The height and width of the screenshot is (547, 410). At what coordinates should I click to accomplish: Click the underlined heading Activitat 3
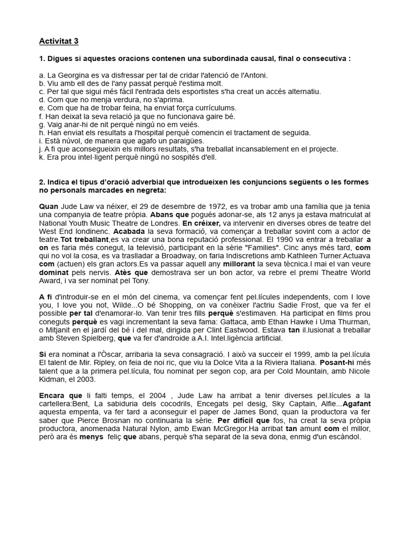pos(59,41)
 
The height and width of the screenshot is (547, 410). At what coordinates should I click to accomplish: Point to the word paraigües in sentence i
pos(184,140)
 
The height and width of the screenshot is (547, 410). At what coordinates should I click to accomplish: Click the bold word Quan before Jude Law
pos(49,206)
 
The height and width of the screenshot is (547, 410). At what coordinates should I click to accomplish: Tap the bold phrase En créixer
pos(201,223)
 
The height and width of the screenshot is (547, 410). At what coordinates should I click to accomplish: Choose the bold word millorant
pos(239,264)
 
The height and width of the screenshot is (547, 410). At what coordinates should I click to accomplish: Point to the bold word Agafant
pos(356,404)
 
